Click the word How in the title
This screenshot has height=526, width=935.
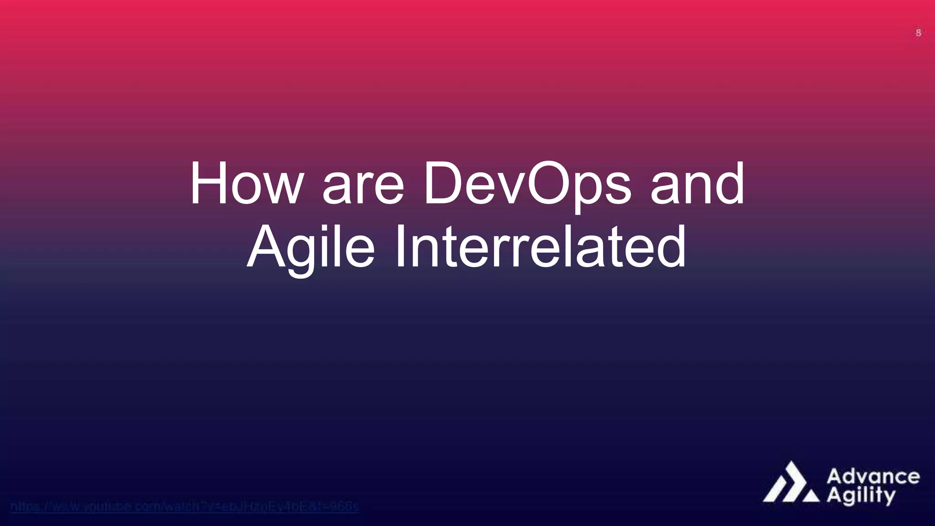click(247, 184)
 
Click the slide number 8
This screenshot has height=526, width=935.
click(918, 33)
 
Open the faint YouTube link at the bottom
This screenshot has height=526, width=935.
click(184, 506)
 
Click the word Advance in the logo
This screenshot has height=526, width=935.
click(873, 477)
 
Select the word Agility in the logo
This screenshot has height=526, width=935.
click(861, 496)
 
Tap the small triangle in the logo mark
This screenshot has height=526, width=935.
click(811, 496)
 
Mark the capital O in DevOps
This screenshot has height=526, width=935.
click(553, 184)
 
